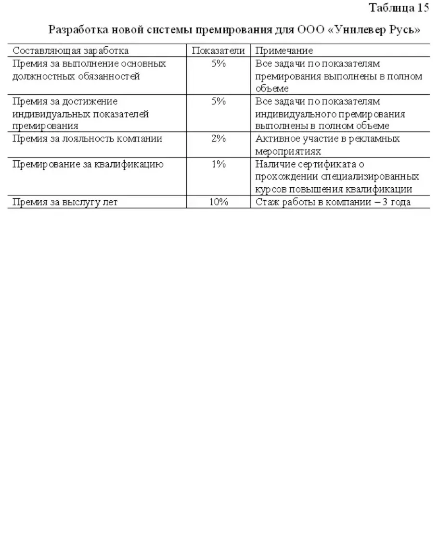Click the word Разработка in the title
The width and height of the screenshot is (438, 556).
click(x=77, y=30)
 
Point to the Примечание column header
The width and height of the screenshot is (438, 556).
click(x=284, y=51)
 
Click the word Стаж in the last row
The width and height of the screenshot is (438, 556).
click(x=266, y=202)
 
